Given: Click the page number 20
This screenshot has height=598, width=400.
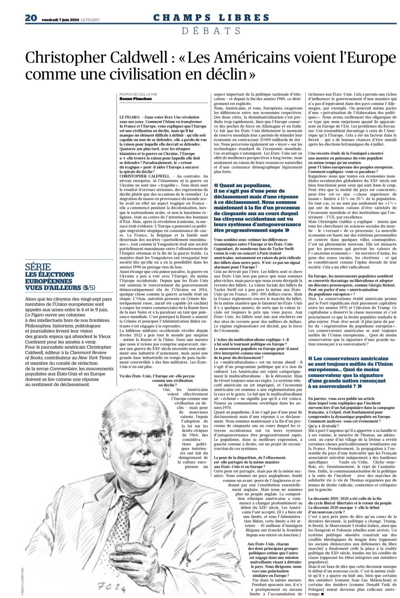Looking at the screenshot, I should coord(31,19).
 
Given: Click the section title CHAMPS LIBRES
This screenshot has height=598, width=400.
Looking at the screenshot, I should coord(211,18).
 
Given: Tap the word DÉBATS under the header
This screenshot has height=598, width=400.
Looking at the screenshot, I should coord(211,31).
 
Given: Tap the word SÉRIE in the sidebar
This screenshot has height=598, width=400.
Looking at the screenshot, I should coord(38,267).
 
